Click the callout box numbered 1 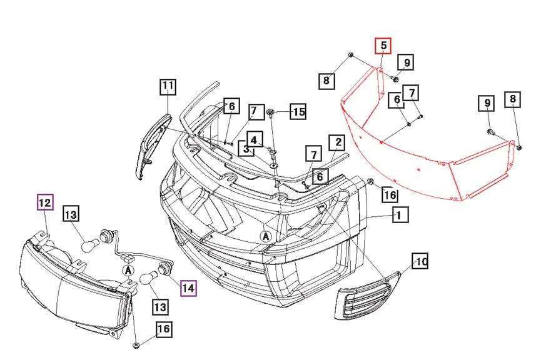pyautogui.click(x=400, y=216)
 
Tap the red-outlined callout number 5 pyautogui.click(x=383, y=46)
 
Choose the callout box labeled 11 pyautogui.click(x=168, y=87)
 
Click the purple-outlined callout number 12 pyautogui.click(x=45, y=203)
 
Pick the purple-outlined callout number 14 pyautogui.click(x=188, y=288)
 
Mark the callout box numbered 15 pyautogui.click(x=298, y=112)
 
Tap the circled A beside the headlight pyautogui.click(x=128, y=270)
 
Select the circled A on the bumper pyautogui.click(x=266, y=236)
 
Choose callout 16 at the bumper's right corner pyautogui.click(x=390, y=195)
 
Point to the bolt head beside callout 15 pyautogui.click(x=271, y=112)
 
